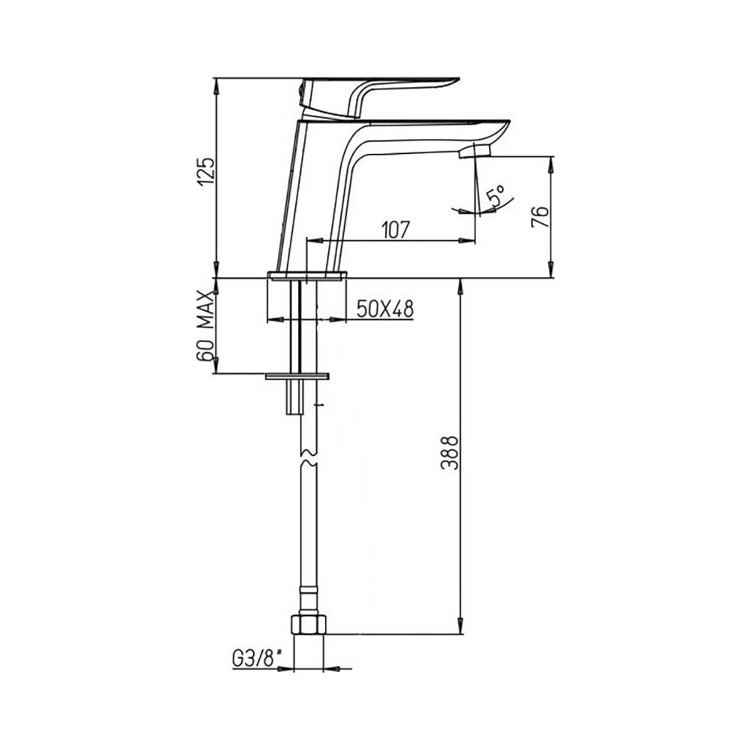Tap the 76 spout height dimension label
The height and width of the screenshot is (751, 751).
coord(540,217)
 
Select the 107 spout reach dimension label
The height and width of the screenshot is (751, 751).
coord(396,230)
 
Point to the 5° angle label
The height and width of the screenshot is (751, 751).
coord(495,196)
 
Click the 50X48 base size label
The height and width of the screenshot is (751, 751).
coord(385,309)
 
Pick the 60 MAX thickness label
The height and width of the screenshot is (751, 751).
coord(204,326)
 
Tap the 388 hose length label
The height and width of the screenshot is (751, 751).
coord(450,453)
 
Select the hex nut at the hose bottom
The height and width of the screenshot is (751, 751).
coord(309,625)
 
